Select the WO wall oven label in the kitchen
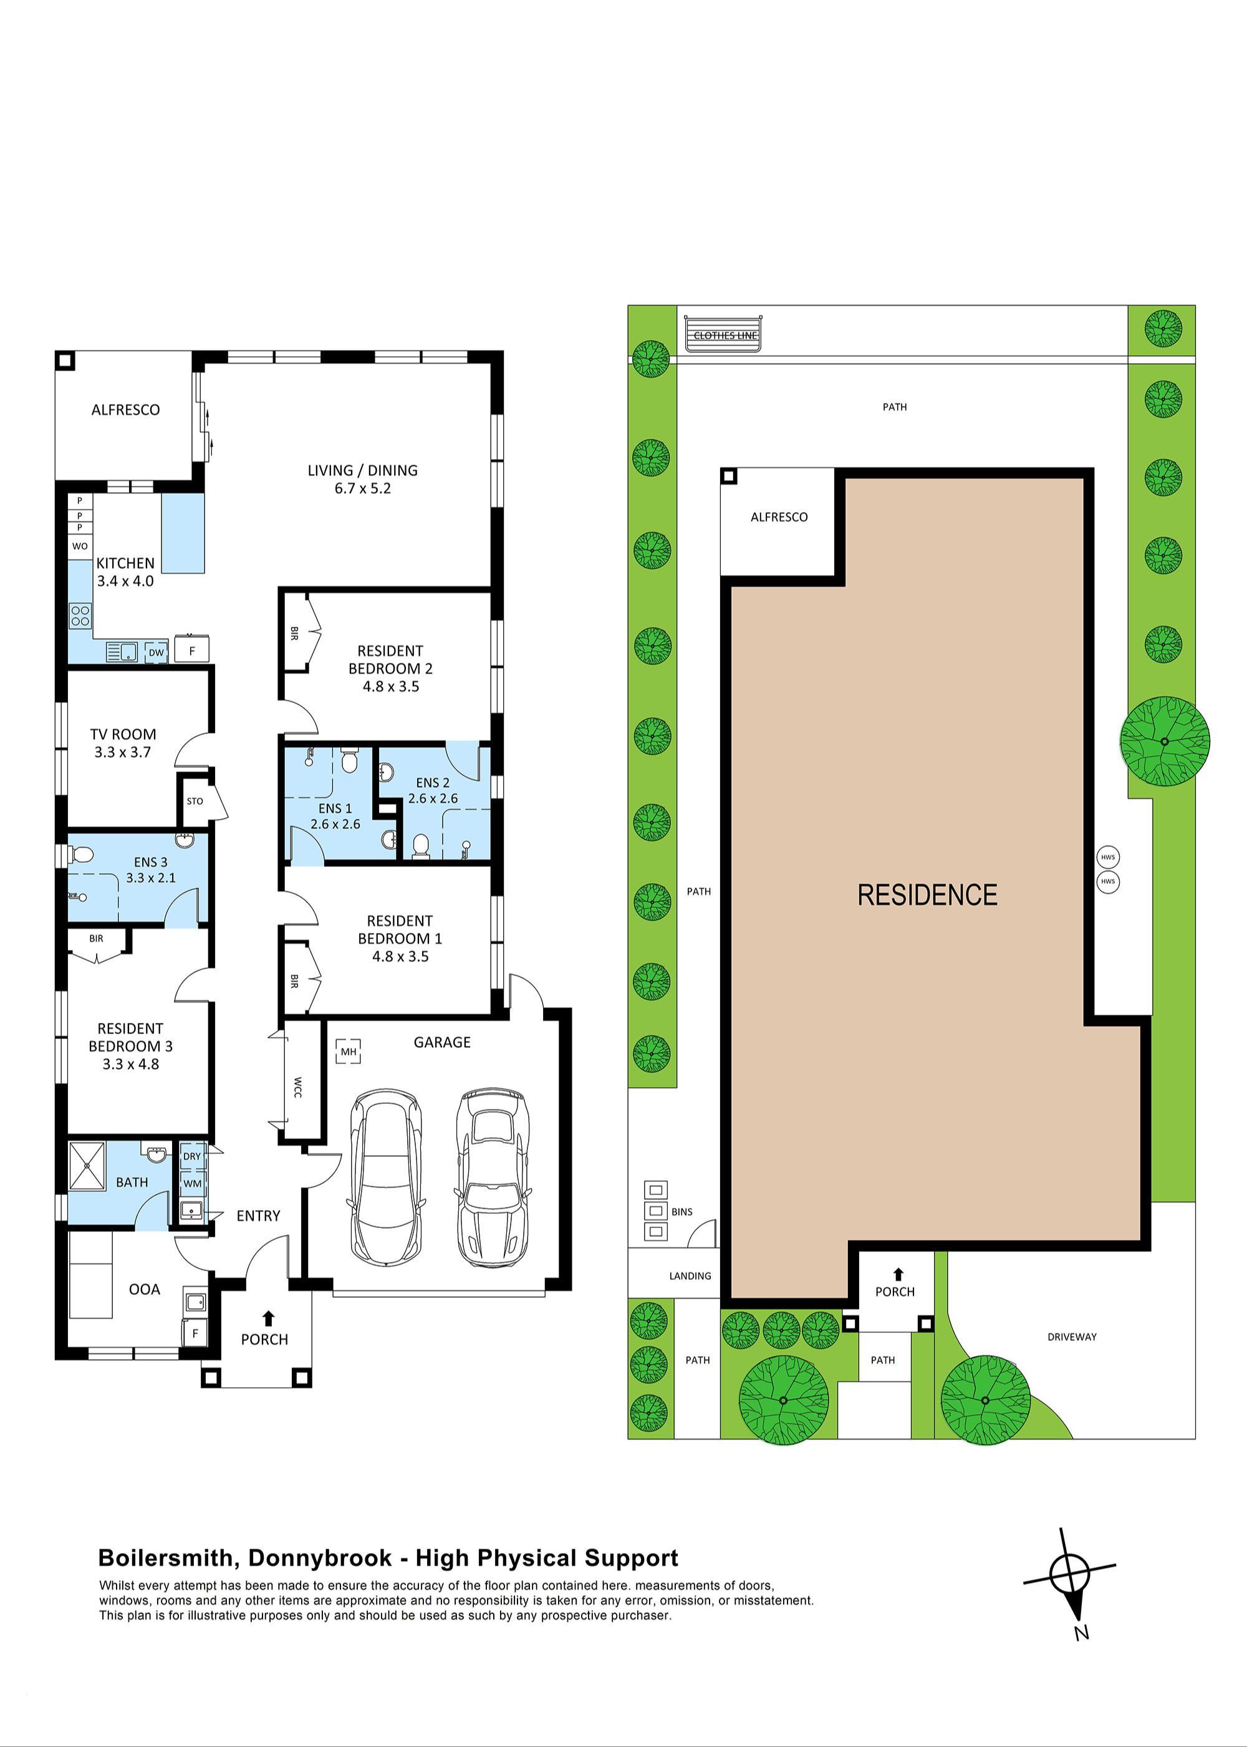click(x=80, y=546)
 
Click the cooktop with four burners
click(x=80, y=615)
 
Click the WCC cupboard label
click(x=298, y=1087)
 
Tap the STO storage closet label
click(x=195, y=801)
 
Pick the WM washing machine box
click(x=192, y=1183)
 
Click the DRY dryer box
click(x=191, y=1156)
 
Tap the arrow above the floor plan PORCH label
click(x=268, y=1319)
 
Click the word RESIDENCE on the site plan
click(x=927, y=894)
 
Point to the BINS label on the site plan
click(x=682, y=1212)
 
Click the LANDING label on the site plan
click(x=690, y=1275)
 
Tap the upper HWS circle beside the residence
click(x=1107, y=857)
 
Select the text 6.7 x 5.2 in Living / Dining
click(x=362, y=488)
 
